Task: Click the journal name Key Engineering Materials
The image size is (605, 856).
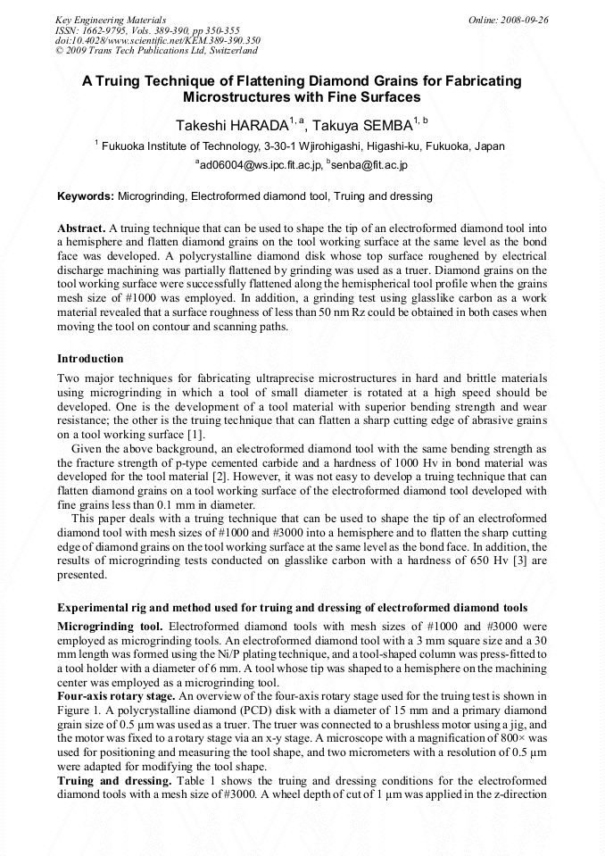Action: [x=111, y=19]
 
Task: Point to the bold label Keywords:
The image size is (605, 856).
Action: [x=86, y=195]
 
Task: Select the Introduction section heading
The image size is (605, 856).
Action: [x=90, y=358]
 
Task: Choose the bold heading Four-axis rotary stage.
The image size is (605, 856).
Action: [x=115, y=695]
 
